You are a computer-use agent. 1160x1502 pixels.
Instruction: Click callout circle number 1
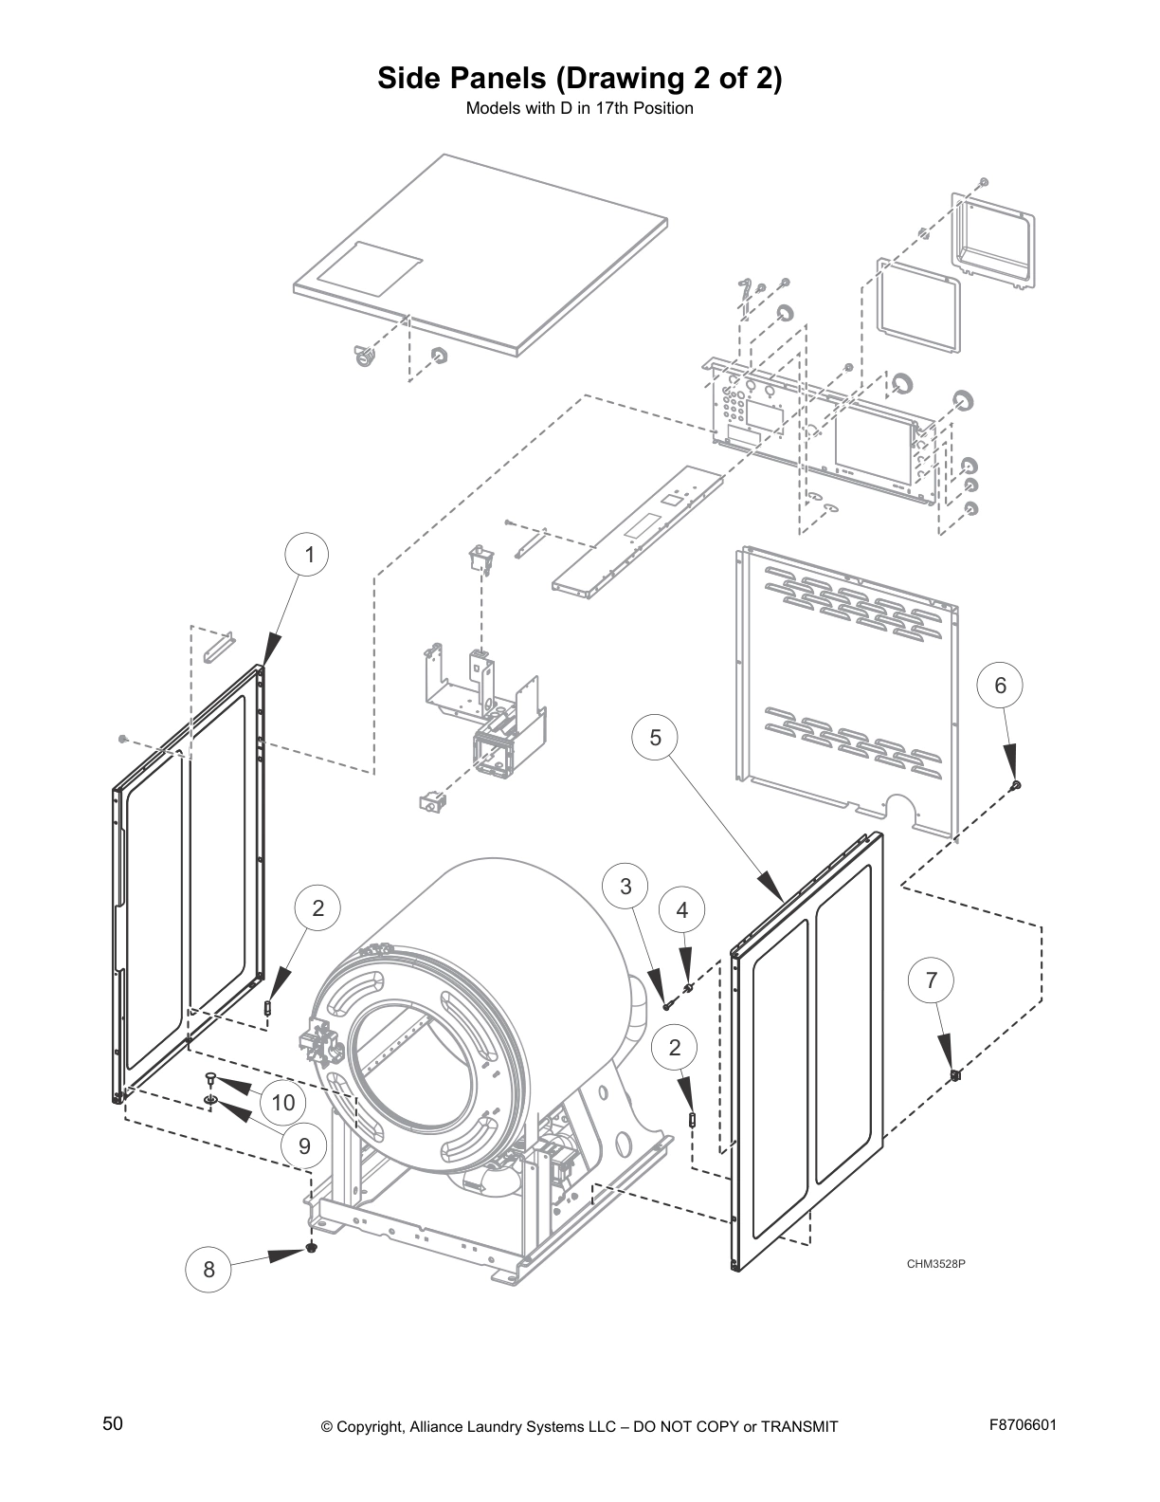[x=309, y=555]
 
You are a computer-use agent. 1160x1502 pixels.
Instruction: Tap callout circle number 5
[x=656, y=737]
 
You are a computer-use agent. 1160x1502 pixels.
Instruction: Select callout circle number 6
[x=1000, y=685]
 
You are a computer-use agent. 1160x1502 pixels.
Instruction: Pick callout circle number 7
[x=932, y=980]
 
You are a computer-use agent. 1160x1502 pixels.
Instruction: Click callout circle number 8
[x=208, y=1269]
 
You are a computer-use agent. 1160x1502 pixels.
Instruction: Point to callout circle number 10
[x=282, y=1102]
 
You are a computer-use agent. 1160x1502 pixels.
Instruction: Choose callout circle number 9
[x=304, y=1145]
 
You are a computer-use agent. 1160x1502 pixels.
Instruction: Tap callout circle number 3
[x=625, y=887]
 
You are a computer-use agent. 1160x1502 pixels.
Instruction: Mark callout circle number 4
[x=682, y=910]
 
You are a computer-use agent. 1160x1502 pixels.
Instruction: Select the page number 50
[x=113, y=1423]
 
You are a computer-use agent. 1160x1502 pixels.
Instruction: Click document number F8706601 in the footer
[x=1023, y=1424]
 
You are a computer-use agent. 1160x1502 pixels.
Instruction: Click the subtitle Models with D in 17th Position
[x=579, y=108]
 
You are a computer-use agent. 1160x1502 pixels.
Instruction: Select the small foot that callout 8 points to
[x=311, y=1248]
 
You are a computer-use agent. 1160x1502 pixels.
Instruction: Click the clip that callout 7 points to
[x=955, y=1074]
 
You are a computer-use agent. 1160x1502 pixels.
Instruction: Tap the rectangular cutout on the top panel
[x=370, y=266]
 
